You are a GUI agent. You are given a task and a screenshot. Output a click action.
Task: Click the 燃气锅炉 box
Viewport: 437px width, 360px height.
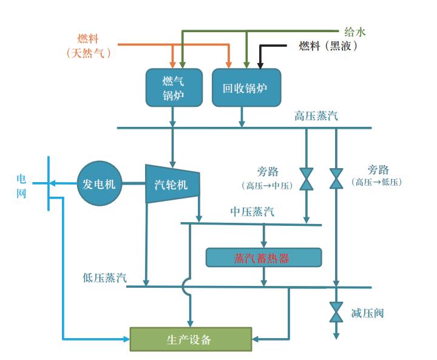click(173, 87)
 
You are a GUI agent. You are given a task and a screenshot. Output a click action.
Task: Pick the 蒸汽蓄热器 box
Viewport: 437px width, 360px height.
click(263, 258)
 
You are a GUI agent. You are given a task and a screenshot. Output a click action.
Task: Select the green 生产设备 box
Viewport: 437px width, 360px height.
click(191, 339)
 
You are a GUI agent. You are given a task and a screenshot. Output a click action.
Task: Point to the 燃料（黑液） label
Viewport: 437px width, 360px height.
click(328, 46)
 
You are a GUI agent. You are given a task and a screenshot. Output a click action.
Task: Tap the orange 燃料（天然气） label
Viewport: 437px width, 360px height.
click(89, 46)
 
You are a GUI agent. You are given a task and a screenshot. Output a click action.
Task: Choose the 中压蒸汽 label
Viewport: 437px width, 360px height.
click(252, 211)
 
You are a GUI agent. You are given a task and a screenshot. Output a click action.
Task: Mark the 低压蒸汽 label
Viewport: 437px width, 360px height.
click(105, 277)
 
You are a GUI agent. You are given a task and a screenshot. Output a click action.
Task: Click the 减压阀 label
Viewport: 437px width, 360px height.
click(367, 313)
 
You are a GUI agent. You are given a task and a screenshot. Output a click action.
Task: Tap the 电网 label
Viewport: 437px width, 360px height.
click(21, 186)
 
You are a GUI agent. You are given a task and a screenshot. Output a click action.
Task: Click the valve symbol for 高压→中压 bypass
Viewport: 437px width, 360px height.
click(307, 179)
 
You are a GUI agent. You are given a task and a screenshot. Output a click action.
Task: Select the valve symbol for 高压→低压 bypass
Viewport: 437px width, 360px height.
click(336, 179)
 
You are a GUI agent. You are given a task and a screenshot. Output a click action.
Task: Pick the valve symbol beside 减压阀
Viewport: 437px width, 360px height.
click(336, 311)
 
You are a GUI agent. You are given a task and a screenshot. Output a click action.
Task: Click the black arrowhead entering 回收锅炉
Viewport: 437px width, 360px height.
click(260, 64)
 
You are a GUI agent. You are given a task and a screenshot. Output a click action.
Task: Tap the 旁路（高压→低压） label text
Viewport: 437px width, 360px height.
click(378, 175)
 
